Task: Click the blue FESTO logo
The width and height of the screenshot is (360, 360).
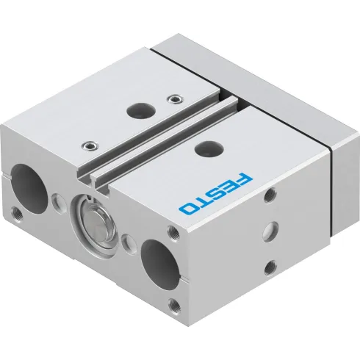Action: coord(217,193)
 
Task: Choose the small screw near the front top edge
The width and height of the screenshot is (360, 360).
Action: coord(90,145)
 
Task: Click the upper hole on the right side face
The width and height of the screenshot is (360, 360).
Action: coord(272,194)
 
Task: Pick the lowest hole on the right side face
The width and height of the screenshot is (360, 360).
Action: coord(270,265)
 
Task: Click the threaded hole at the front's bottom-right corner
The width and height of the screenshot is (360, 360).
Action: coord(174,305)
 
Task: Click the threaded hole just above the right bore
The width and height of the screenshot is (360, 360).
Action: coord(175,234)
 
